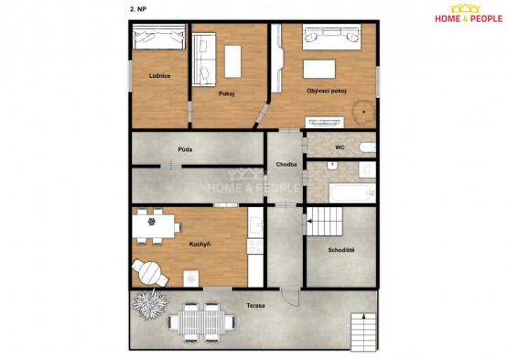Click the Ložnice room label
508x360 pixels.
[159, 76]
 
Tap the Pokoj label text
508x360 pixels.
[226, 93]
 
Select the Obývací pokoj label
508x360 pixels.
[327, 91]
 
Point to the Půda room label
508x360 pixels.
[185, 149]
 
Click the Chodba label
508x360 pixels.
[286, 165]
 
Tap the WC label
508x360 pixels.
[340, 147]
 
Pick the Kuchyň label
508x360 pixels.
[200, 244]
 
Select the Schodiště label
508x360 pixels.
[341, 250]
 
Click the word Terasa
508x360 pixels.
[255, 306]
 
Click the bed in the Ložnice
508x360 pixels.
[158, 37]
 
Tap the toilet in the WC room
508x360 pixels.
[367, 147]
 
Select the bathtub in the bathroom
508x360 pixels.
[352, 193]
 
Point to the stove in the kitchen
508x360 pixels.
[255, 246]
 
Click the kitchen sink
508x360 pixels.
[255, 224]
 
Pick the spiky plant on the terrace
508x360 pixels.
[150, 304]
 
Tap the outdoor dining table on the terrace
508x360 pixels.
[201, 322]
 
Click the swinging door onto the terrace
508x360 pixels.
[290, 297]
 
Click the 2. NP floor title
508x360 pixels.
[138, 9]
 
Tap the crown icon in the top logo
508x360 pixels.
[465, 8]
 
